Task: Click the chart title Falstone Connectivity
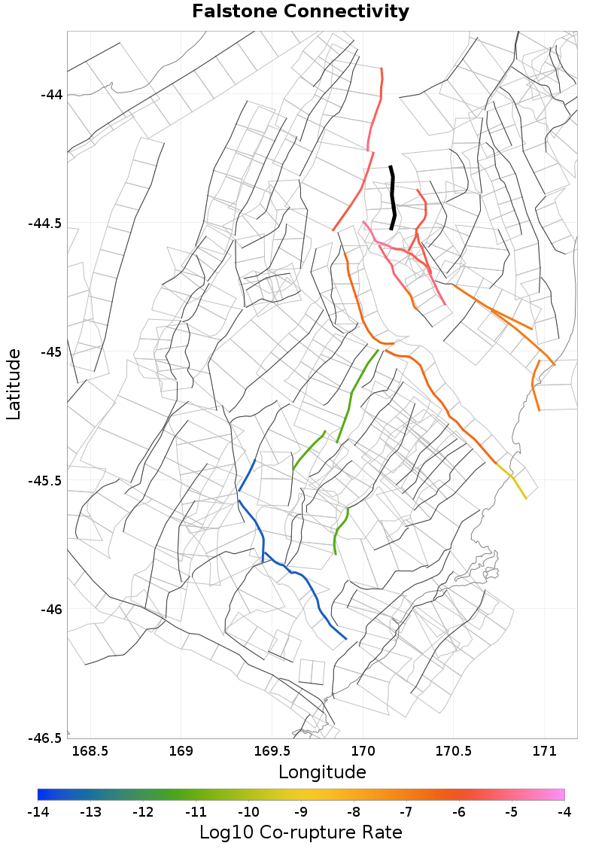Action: pos(301,12)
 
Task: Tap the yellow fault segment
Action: pos(518,486)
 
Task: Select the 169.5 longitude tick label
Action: pos(272,751)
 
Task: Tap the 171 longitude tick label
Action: pos(544,751)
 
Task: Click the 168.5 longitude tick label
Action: pos(90,751)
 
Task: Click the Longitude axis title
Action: pos(322,772)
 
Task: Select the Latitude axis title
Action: pos(14,384)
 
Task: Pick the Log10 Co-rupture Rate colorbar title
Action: pos(301,832)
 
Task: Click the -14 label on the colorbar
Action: pos(38,812)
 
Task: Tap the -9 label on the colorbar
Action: pos(301,812)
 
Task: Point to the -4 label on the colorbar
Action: pos(564,812)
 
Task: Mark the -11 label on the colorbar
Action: pos(196,812)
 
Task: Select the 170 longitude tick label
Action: pos(363,751)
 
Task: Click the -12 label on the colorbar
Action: pos(143,812)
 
